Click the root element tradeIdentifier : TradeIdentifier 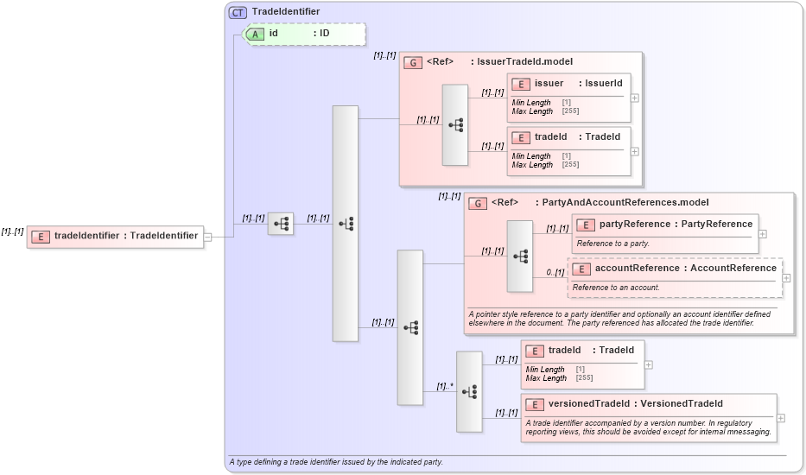click(115, 236)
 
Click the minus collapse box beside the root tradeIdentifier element click(207, 237)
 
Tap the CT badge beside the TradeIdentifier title click(238, 12)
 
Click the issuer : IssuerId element click(568, 84)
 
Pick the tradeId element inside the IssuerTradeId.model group click(568, 137)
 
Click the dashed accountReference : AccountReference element click(675, 269)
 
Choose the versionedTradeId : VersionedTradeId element click(648, 404)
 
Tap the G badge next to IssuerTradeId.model click(414, 62)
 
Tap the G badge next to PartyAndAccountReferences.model click(478, 203)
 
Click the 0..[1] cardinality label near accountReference click(555, 273)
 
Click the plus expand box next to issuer click(635, 98)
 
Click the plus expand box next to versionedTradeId click(781, 418)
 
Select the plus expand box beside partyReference click(762, 233)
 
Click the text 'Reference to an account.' click(616, 288)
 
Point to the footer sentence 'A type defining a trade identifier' click(336, 462)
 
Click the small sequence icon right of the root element click(281, 224)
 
